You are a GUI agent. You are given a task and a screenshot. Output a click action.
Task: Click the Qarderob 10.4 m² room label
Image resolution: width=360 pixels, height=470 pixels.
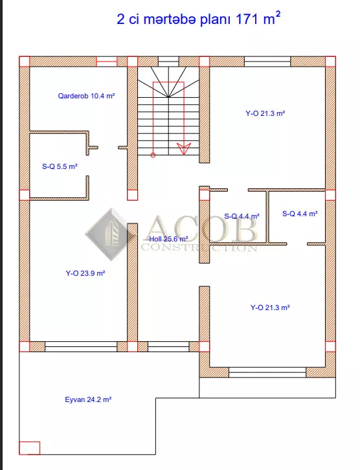[x=86, y=96]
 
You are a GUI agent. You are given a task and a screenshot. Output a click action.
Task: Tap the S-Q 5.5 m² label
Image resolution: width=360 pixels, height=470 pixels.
[x=60, y=166]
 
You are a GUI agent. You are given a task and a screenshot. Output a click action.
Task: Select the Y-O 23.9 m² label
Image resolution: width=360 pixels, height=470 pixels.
[x=85, y=273]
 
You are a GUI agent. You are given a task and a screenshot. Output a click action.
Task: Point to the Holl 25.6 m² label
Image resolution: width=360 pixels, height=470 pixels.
[x=169, y=239]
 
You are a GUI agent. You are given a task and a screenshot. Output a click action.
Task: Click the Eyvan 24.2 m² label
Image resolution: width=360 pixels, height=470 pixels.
[x=88, y=399]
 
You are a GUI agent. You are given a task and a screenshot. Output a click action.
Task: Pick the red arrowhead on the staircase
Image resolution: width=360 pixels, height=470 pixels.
[x=183, y=148]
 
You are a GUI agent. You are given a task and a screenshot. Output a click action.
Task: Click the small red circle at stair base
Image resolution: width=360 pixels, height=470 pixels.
[x=153, y=155]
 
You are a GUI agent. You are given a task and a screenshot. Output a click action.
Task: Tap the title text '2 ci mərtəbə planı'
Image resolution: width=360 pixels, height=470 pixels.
[x=174, y=20]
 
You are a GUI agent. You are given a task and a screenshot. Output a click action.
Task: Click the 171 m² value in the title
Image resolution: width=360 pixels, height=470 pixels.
[x=258, y=19]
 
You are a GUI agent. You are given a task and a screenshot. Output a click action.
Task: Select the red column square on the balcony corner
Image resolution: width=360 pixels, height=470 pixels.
[x=29, y=448]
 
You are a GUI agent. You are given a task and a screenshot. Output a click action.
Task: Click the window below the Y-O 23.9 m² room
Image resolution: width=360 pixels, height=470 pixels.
[x=81, y=346]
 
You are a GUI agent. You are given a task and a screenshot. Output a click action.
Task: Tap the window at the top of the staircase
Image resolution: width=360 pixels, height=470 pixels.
[x=168, y=62]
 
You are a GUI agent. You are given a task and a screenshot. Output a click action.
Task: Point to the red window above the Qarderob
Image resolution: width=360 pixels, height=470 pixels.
[x=106, y=62]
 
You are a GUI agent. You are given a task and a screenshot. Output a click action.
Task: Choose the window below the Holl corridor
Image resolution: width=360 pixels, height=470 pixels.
[x=168, y=346]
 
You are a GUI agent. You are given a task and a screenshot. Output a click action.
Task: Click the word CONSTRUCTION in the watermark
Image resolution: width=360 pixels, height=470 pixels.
[x=199, y=247]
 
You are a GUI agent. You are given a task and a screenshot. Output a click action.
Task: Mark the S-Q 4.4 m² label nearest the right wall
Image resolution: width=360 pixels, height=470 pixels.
[x=300, y=214]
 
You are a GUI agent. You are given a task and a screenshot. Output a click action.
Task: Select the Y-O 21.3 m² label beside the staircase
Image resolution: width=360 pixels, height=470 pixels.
[x=265, y=113]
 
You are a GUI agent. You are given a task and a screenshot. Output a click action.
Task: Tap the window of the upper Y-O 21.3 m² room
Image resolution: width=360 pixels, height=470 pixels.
[x=267, y=62]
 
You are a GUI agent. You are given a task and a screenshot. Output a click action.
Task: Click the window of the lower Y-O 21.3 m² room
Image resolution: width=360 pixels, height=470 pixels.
[x=267, y=372]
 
